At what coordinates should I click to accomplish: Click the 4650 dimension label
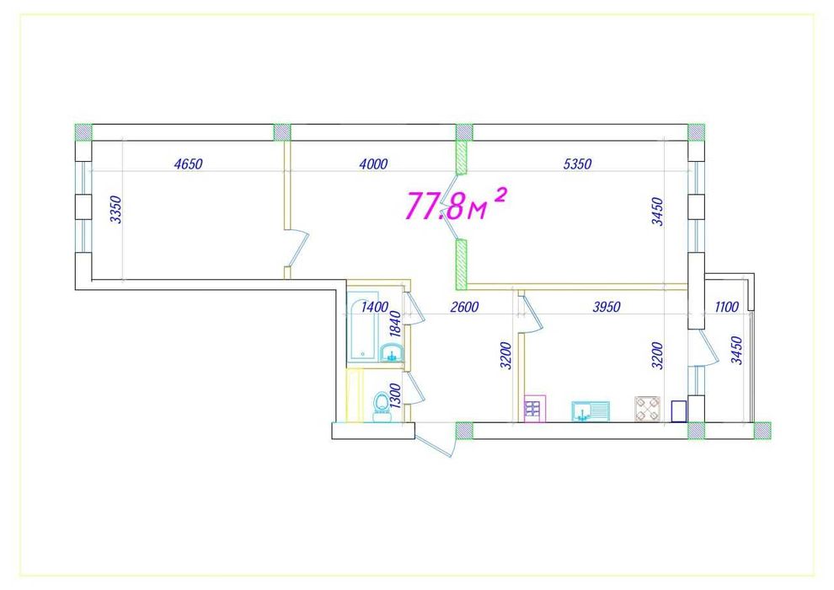189,164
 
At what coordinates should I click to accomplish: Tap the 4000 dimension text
372,164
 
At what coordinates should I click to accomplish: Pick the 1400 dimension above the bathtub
374,308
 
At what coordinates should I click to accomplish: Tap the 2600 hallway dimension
464,308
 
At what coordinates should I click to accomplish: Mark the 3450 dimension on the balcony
737,350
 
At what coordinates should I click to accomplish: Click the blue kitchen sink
591,410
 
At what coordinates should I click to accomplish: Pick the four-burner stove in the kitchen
649,410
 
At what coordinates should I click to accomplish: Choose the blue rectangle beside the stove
678,410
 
